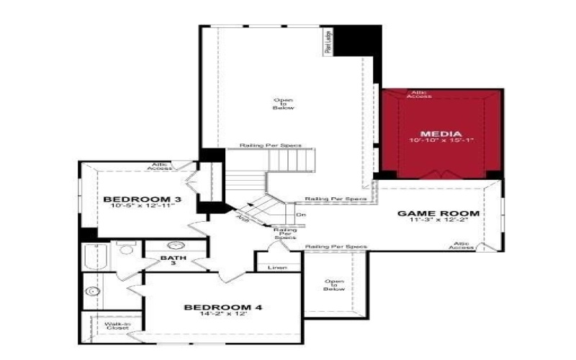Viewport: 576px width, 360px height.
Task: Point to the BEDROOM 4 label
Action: tap(222, 307)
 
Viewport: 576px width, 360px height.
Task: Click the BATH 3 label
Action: tap(173, 260)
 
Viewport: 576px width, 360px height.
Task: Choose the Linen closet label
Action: tap(277, 268)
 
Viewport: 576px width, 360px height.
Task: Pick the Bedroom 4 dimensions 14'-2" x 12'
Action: tap(222, 315)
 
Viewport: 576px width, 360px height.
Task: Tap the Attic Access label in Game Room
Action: tap(462, 246)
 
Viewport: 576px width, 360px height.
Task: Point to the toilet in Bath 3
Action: tap(126, 250)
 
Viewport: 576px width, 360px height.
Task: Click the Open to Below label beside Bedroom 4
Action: tap(334, 285)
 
